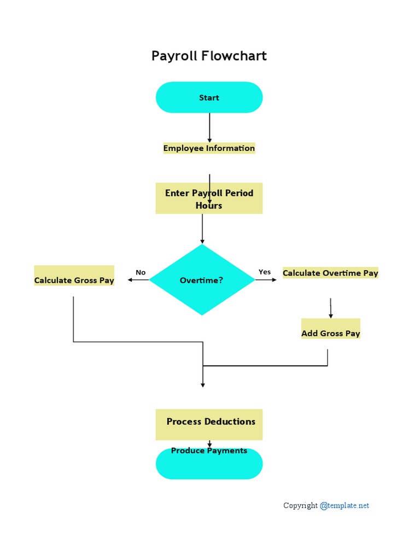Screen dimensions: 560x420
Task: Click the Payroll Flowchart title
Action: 209,56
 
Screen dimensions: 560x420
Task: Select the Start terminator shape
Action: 209,98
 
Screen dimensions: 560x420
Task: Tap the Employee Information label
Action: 209,148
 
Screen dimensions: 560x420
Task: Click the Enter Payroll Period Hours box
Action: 209,198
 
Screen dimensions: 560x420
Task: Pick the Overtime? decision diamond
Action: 202,280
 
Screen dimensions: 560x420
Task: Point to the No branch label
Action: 141,272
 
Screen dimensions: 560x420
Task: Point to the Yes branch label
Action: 265,272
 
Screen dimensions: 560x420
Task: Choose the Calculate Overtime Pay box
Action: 330,273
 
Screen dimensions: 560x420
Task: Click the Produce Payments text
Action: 209,451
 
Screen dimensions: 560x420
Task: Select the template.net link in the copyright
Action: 345,505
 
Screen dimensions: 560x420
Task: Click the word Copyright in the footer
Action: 300,505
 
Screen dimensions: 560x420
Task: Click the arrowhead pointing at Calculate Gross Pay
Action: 130,280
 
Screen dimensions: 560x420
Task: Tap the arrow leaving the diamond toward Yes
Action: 266,280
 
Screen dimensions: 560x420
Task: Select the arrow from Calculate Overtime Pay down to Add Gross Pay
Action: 330,308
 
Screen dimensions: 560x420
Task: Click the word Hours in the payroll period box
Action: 209,206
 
